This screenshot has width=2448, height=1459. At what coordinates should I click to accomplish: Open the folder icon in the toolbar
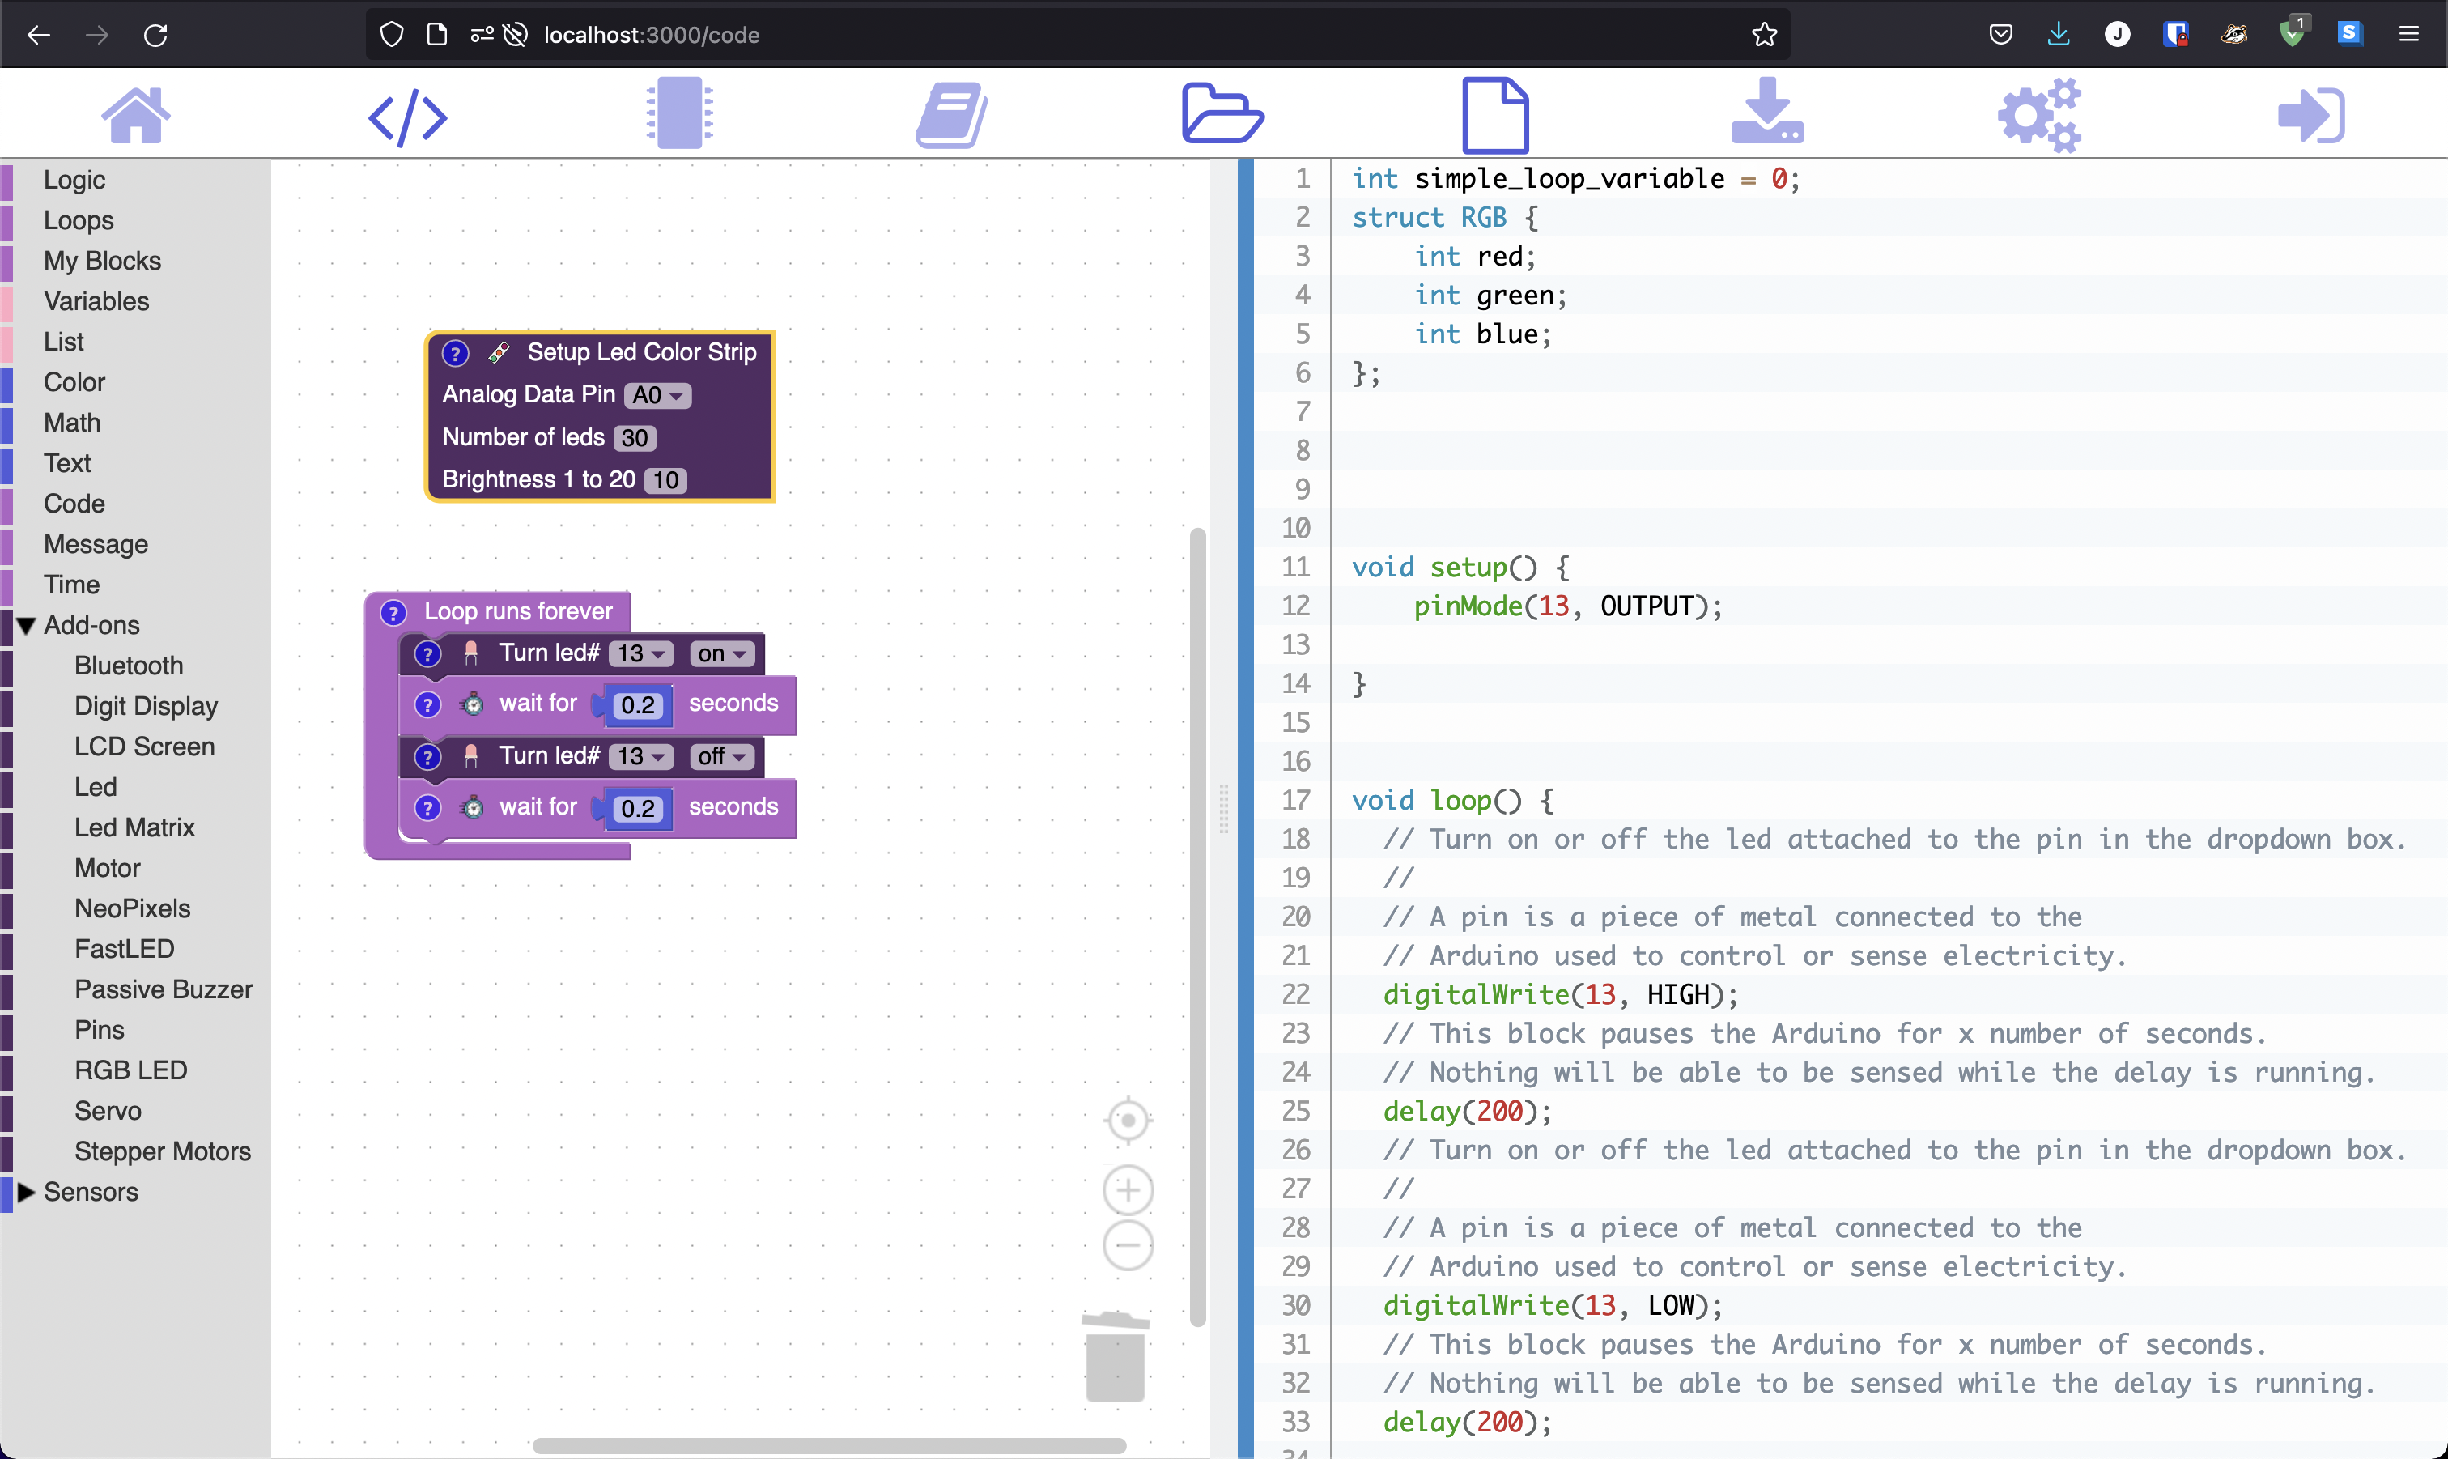point(1222,114)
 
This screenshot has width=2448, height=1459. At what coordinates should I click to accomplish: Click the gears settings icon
point(2039,115)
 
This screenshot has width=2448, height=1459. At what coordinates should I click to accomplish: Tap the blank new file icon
point(1494,115)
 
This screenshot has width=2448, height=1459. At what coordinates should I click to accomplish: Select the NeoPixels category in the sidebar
point(132,908)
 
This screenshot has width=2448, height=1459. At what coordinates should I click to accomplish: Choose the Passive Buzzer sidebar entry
point(164,989)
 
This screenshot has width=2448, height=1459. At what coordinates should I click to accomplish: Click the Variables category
point(96,301)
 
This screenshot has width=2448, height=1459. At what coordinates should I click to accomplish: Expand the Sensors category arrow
point(27,1192)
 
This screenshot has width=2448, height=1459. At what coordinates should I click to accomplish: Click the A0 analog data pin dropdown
point(657,395)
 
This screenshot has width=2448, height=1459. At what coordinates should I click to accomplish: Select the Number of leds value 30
point(635,437)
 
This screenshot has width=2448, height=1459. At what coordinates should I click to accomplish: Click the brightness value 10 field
point(666,480)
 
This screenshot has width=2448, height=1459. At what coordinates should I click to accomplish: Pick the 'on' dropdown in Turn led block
point(722,654)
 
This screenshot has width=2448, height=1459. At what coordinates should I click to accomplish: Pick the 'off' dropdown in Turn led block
point(722,756)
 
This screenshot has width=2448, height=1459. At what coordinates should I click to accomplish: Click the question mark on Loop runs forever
point(393,612)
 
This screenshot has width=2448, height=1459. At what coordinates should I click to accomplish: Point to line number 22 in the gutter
point(1295,994)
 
